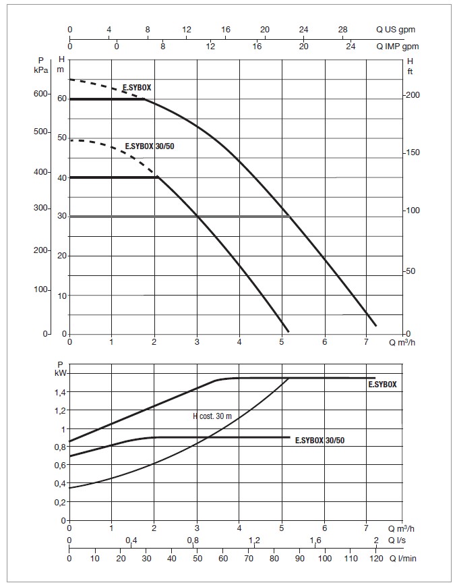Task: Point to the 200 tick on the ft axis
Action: [x=413, y=95]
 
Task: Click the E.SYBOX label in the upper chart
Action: [x=138, y=88]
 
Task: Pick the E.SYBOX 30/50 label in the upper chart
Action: [x=154, y=146]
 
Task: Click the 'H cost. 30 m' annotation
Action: [x=211, y=416]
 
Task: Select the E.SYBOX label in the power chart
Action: [x=382, y=384]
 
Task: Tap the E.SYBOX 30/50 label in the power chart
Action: [x=325, y=441]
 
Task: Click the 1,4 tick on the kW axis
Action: [x=61, y=392]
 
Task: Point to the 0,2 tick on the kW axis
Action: [x=61, y=502]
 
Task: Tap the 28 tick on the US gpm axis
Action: [x=343, y=30]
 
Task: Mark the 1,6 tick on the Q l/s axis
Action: [x=314, y=540]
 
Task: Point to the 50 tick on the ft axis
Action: [x=413, y=271]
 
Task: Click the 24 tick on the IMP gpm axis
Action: [x=351, y=46]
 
